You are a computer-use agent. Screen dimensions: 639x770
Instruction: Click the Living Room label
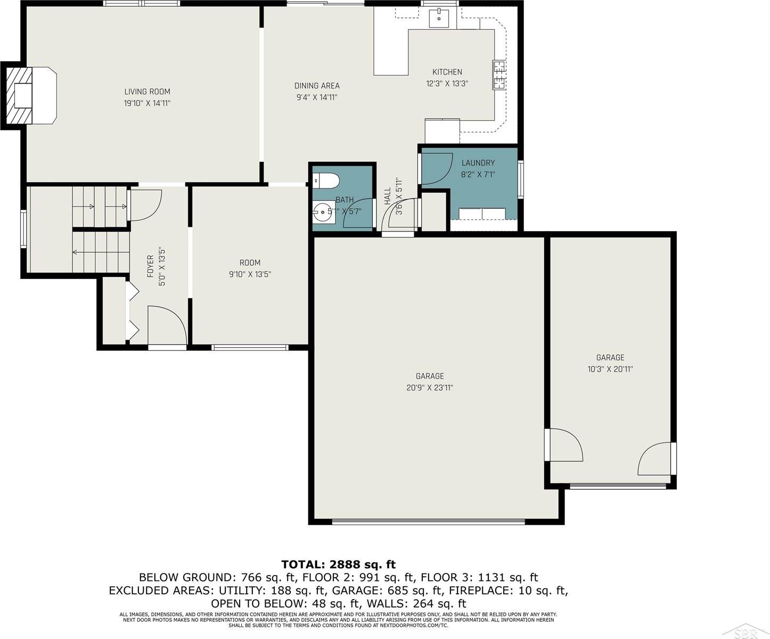147,92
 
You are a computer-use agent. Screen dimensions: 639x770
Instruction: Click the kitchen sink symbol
439,18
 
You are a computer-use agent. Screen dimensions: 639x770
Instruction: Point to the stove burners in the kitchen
499,75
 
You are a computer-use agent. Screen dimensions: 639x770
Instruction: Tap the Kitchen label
447,72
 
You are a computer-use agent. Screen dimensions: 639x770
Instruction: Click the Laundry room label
478,163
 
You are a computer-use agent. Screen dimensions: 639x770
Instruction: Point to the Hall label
387,196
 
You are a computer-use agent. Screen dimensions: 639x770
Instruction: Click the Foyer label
150,266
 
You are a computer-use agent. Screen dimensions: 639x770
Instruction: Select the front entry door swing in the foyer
166,324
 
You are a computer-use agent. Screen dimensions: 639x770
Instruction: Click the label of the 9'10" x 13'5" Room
250,263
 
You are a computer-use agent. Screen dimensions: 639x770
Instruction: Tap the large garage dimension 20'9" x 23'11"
429,388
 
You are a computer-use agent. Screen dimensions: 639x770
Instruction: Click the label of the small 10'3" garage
610,358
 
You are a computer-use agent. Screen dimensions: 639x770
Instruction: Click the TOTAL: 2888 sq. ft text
338,564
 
